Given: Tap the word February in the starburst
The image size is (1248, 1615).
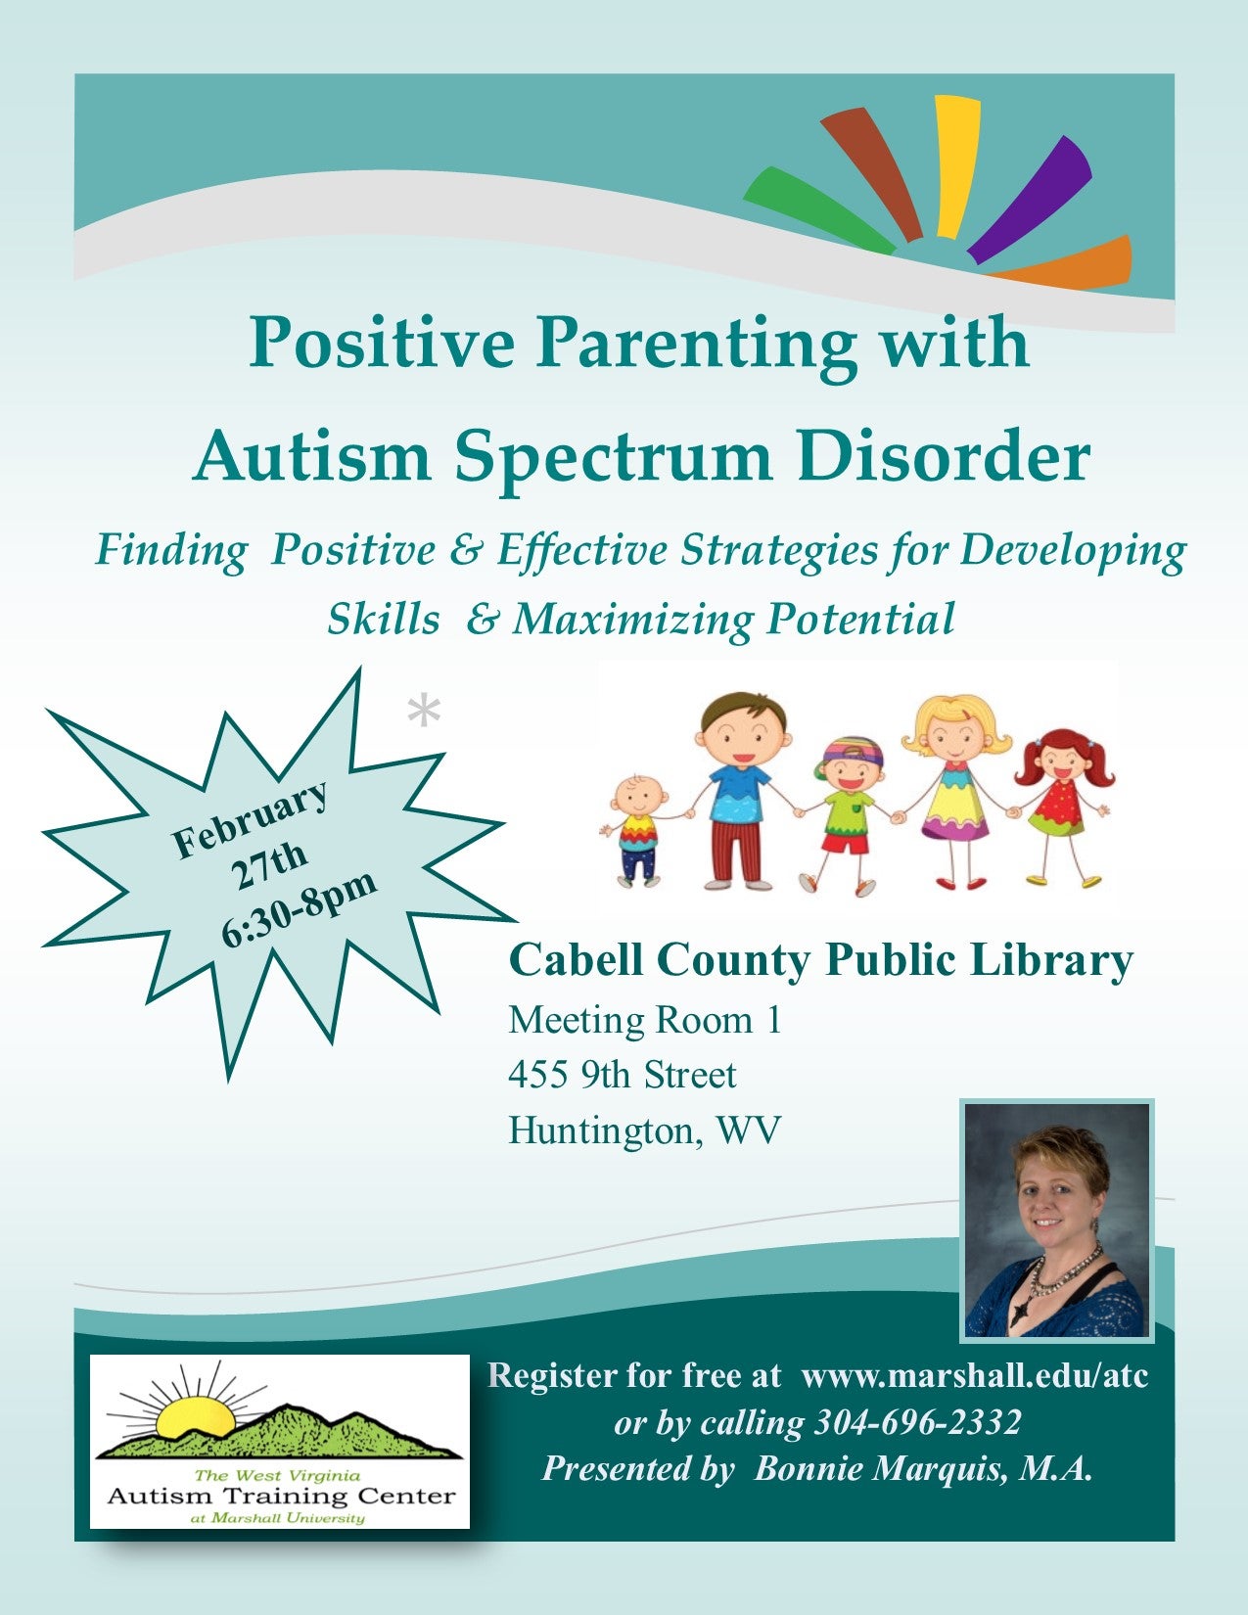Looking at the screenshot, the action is click(250, 820).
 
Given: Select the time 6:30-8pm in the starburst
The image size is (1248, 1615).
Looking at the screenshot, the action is click(299, 909).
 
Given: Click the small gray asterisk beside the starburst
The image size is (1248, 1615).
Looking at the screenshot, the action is click(424, 712).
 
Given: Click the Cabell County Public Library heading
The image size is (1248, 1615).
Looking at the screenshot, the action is click(820, 960).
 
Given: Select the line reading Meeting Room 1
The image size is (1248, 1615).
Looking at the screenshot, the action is click(644, 1020).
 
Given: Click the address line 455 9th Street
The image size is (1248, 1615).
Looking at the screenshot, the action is click(623, 1075).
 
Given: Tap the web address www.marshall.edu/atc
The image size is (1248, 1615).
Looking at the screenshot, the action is click(975, 1375).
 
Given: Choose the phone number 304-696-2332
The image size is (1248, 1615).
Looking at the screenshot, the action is click(917, 1422).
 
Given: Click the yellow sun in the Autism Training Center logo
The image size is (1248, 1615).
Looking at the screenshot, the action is click(195, 1416).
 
